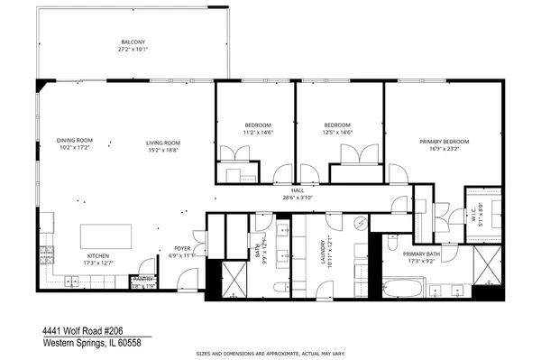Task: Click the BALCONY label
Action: [x=133, y=42]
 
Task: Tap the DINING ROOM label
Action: [x=75, y=141]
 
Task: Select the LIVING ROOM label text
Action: [x=164, y=142]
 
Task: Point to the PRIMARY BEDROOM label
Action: [x=444, y=142]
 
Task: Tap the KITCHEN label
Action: [x=98, y=256]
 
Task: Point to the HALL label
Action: [x=289, y=190]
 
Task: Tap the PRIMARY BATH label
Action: [x=421, y=254]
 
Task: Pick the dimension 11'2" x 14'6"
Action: [x=258, y=132]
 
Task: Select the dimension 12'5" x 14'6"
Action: [x=337, y=132]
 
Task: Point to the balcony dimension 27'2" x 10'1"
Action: [x=133, y=51]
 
